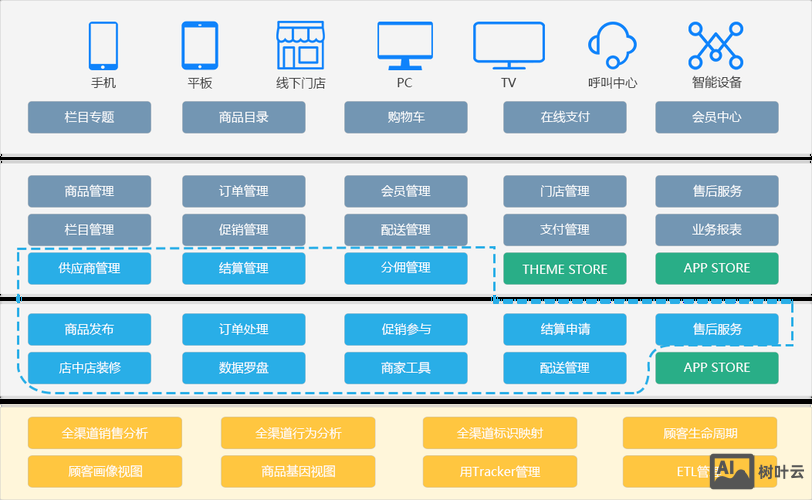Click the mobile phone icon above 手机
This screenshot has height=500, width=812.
click(x=103, y=45)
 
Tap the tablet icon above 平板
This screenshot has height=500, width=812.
click(x=199, y=45)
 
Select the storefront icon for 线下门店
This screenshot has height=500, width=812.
click(x=300, y=45)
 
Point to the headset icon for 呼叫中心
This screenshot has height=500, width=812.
click(x=612, y=45)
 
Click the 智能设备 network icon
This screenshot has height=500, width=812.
click(x=716, y=45)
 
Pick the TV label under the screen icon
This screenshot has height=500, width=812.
click(x=508, y=83)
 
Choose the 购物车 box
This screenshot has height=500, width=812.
click(x=406, y=117)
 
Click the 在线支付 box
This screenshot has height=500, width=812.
click(x=565, y=117)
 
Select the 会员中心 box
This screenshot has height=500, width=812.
click(x=716, y=117)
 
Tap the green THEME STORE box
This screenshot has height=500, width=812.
click(x=565, y=269)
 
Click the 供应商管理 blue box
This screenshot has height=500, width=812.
click(x=89, y=268)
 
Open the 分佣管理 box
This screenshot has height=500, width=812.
click(x=406, y=268)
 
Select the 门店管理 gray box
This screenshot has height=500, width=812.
click(x=565, y=191)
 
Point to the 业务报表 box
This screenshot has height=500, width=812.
click(x=716, y=229)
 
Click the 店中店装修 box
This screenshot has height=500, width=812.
click(x=89, y=368)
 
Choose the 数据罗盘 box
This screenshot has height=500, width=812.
click(x=244, y=368)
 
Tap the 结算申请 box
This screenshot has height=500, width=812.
click(x=565, y=329)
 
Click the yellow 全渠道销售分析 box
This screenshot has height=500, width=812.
click(x=105, y=433)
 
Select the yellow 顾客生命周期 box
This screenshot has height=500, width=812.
click(x=700, y=433)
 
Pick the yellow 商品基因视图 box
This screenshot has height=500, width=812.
click(x=298, y=471)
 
